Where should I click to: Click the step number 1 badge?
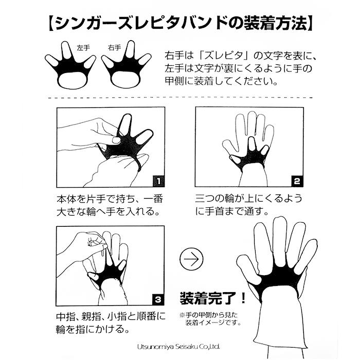(158, 181)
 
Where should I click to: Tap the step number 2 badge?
(297, 181)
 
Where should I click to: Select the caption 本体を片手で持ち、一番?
(108, 198)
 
